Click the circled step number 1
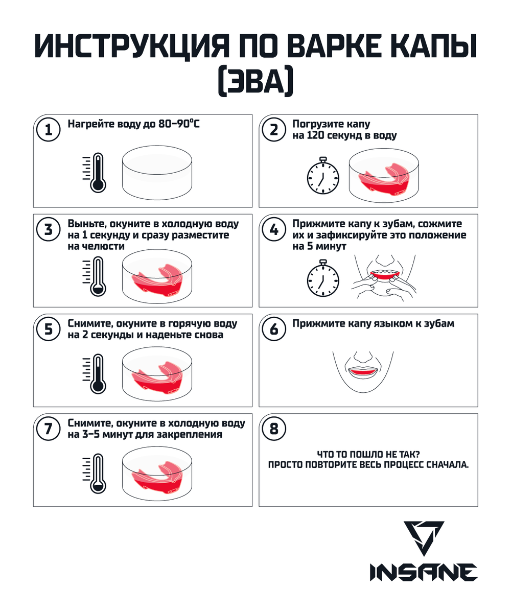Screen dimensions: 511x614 click(x=48, y=130)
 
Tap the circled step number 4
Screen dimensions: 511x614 click(x=273, y=229)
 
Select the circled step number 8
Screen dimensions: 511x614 click(x=273, y=429)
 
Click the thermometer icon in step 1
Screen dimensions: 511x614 click(x=95, y=173)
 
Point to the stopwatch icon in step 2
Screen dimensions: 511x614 click(x=323, y=176)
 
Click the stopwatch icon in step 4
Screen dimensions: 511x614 click(x=323, y=278)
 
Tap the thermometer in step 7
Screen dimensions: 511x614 click(x=95, y=474)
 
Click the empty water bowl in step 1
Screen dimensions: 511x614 click(x=157, y=173)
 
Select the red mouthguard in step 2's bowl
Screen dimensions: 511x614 click(x=384, y=179)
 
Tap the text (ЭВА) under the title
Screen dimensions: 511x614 click(x=255, y=81)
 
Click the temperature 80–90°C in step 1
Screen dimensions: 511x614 click(x=179, y=124)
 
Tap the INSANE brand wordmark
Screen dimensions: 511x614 click(x=423, y=573)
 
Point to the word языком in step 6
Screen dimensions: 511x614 click(x=397, y=324)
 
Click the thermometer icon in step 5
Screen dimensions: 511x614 click(x=95, y=374)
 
